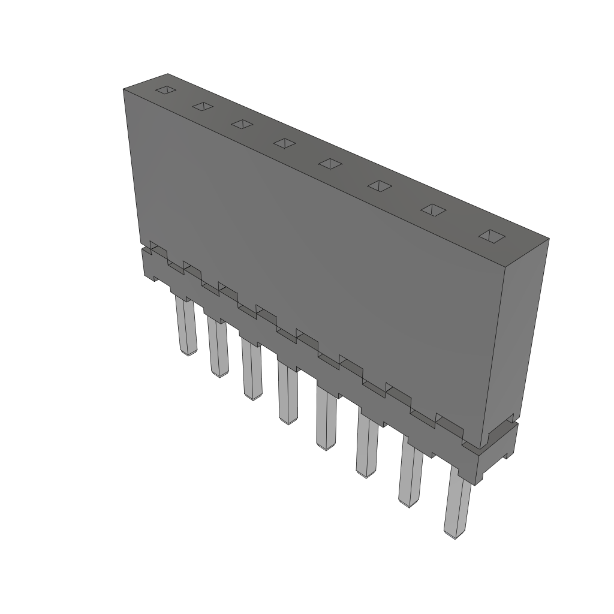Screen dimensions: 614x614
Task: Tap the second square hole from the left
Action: coord(203,107)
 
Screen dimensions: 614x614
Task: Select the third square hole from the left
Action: coord(242,124)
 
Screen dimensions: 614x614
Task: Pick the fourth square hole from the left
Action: coord(284,143)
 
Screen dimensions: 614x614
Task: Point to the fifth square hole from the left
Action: coord(330,163)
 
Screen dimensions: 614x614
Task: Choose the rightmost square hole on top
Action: coord(491,236)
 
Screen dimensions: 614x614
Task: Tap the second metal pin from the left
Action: coord(218,348)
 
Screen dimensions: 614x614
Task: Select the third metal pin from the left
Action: coord(252,369)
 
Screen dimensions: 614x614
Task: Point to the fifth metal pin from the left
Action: coord(326,420)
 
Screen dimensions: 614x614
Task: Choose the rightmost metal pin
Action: coord(457,504)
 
